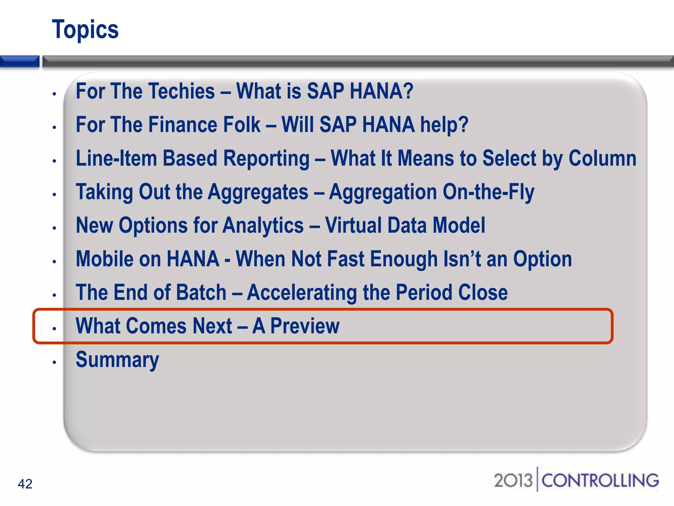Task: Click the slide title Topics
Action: coord(85,30)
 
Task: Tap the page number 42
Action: coord(25,484)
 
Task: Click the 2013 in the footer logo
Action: coord(513,480)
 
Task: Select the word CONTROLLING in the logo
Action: coord(600,480)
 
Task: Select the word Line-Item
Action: coord(117,158)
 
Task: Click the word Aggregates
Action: coord(258,192)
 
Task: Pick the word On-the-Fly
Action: coord(488,192)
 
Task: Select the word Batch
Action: coord(201,293)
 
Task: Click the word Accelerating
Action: coord(302,293)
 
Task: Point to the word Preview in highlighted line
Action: coord(305,326)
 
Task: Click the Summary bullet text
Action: coord(117,360)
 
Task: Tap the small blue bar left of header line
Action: coord(19,61)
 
